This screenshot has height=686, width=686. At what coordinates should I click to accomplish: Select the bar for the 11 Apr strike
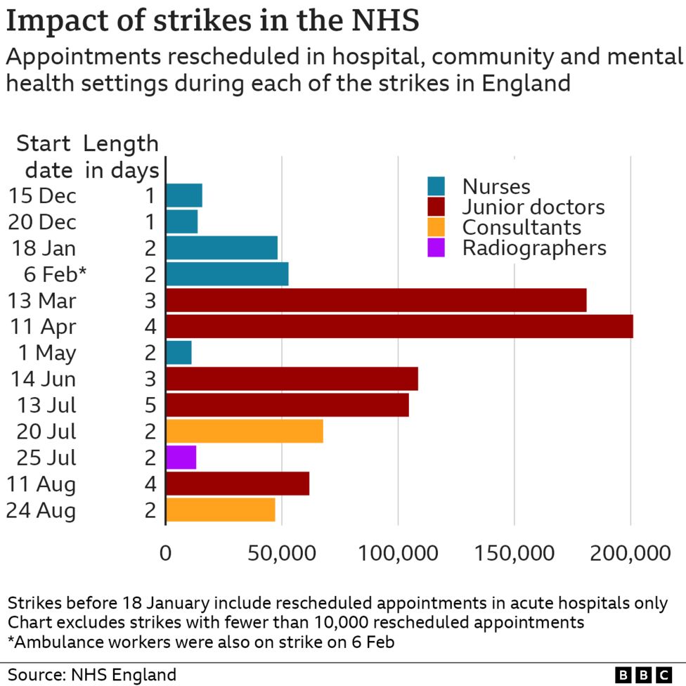pos(399,326)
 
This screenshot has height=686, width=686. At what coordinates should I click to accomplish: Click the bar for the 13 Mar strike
pos(376,300)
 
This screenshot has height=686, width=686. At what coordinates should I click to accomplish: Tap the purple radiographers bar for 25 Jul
pos(181,458)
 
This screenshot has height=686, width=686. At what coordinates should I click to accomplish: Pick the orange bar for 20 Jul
pos(245,432)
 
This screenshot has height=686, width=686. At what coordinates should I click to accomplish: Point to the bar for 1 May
pos(179,352)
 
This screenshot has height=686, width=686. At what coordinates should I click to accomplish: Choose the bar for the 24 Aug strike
pos(221,510)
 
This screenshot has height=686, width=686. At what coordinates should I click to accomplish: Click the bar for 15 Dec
pos(184,195)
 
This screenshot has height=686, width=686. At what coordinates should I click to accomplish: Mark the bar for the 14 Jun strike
pos(292,379)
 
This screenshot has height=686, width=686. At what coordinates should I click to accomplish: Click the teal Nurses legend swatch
pos(436,186)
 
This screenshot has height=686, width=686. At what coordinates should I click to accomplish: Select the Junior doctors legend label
pos(533,207)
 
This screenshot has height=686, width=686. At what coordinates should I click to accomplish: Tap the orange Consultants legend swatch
pos(436,227)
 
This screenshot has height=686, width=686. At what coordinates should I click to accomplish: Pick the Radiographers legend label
pos(533,247)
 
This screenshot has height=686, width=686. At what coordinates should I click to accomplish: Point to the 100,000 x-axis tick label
pos(399,553)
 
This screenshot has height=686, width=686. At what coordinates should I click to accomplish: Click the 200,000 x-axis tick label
pos(630,553)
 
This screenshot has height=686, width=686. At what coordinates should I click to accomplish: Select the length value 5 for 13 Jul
pos(150,406)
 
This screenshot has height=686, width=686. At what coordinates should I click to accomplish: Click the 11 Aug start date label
pos(41,484)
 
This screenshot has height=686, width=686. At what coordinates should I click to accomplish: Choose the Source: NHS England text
pos(92,675)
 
